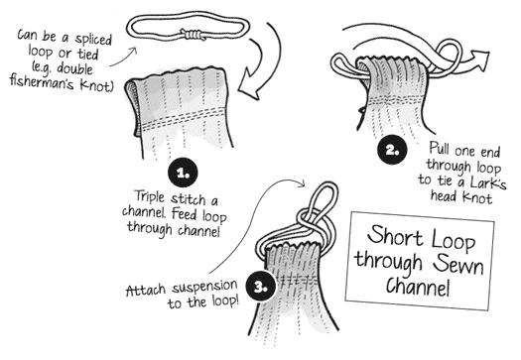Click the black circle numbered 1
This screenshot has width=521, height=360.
tap(183, 173)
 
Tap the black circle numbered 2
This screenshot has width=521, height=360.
tap(392, 150)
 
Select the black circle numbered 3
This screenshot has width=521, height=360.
tap(260, 287)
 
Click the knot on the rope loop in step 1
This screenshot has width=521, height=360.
tap(193, 35)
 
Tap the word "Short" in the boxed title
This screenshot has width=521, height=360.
tap(395, 235)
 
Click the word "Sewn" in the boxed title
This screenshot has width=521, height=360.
tap(458, 265)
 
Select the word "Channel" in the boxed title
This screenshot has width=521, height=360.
tap(418, 287)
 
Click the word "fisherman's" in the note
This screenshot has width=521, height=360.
tap(42, 81)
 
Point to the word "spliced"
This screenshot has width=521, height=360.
tap(93, 40)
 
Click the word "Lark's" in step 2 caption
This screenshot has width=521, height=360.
tap(489, 182)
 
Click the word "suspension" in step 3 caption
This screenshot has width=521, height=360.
tap(204, 287)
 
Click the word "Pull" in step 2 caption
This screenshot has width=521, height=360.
tap(440, 148)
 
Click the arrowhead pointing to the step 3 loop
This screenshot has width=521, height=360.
tap(302, 183)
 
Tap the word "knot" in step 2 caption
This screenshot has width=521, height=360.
tap(477, 198)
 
